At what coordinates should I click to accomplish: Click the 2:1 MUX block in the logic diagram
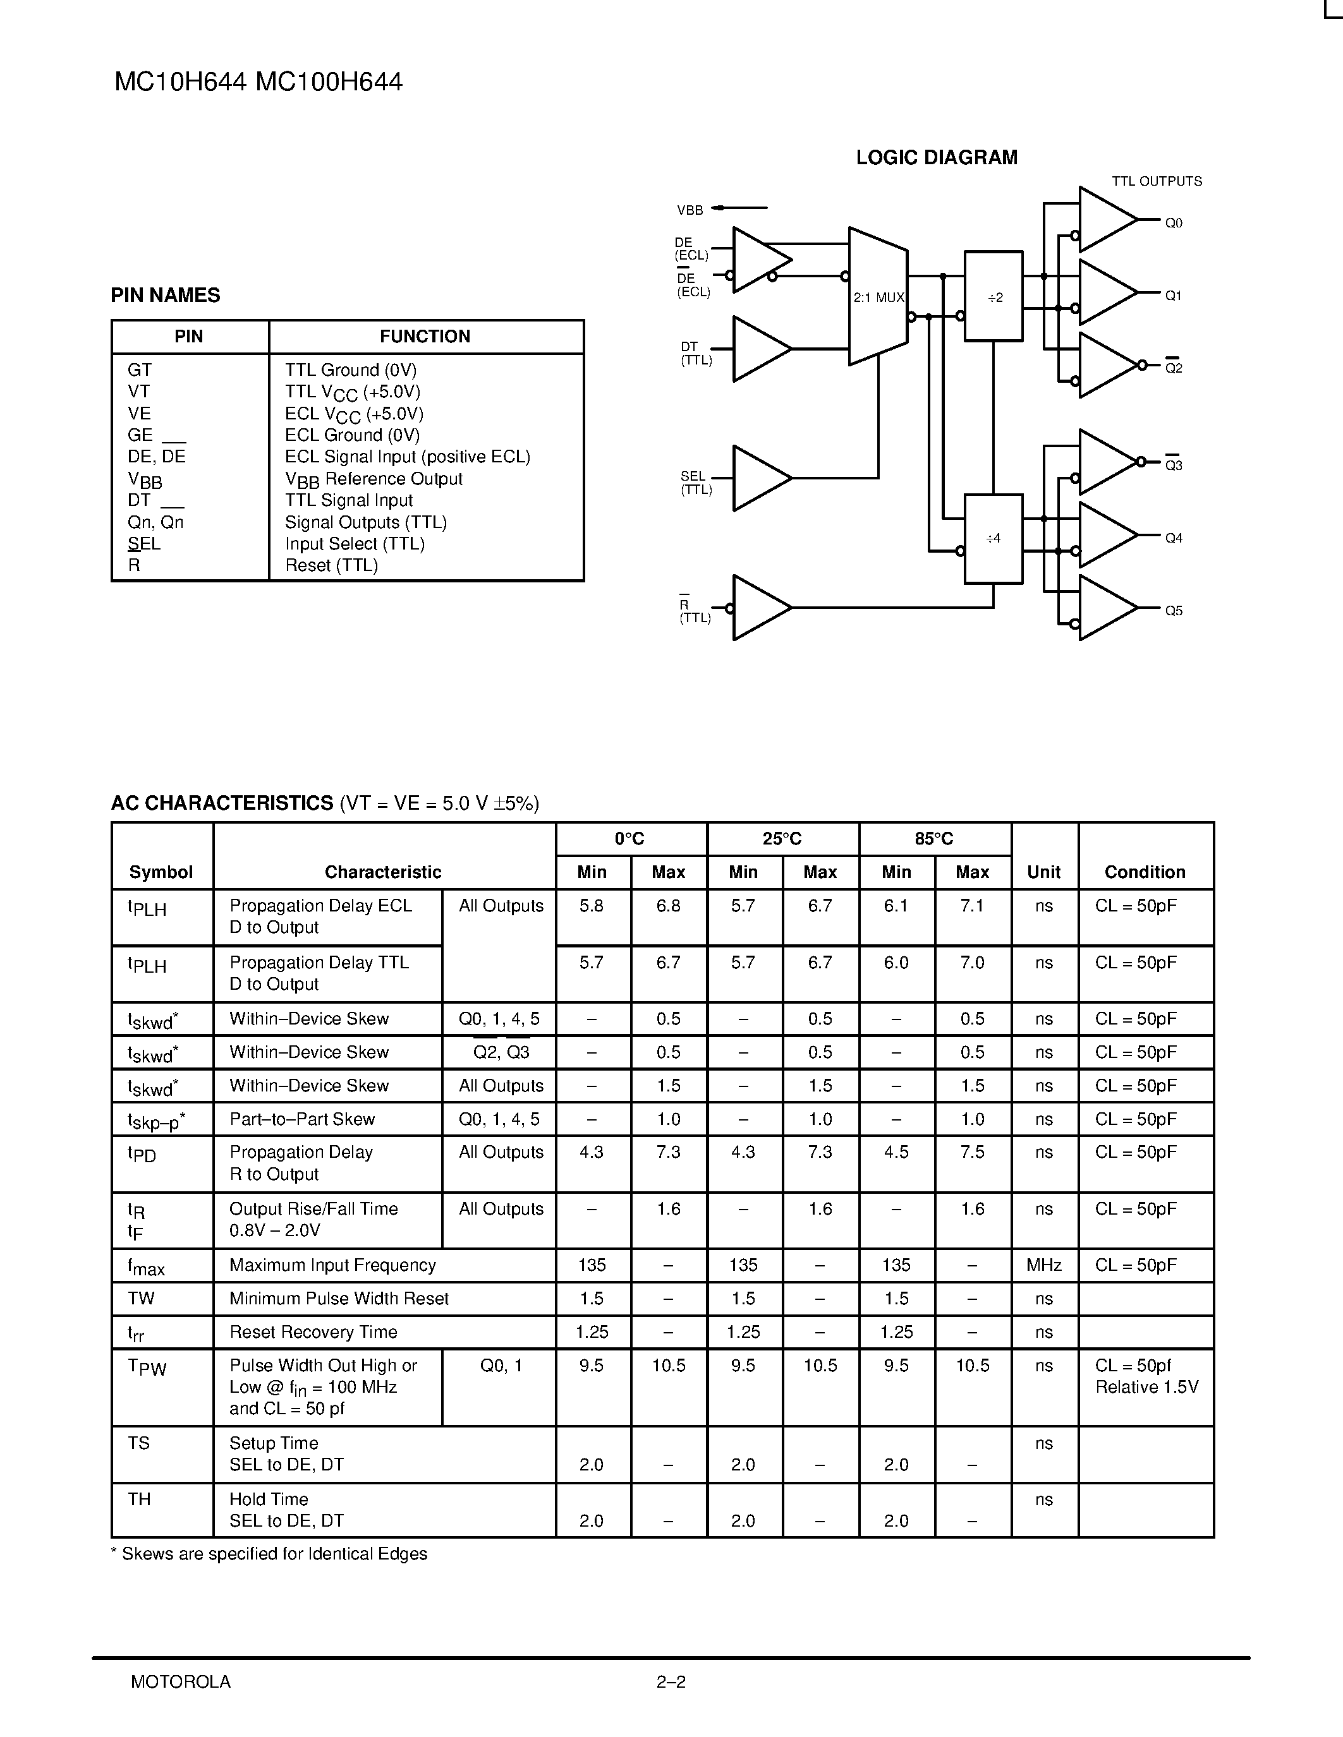[x=878, y=297]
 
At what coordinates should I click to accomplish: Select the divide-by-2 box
[x=994, y=297]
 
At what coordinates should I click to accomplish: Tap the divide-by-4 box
[x=994, y=538]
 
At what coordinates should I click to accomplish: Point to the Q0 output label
[x=1174, y=224]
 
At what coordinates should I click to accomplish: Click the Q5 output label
[x=1174, y=611]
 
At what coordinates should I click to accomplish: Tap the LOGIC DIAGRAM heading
[x=937, y=157]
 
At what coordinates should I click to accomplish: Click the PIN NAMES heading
[x=166, y=295]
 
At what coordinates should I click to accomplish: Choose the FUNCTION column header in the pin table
[x=425, y=337]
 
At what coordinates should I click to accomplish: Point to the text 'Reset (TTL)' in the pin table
[x=331, y=565]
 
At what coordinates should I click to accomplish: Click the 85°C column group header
[x=934, y=838]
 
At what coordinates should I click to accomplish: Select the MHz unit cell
[x=1044, y=1265]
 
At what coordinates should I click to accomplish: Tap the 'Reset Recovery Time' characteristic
[x=313, y=1331]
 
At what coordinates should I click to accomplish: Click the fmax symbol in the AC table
[x=147, y=1266]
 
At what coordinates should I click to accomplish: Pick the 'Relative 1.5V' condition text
[x=1146, y=1387]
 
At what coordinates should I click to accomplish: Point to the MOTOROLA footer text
[x=181, y=1681]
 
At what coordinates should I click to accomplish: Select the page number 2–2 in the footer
[x=671, y=1681]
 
